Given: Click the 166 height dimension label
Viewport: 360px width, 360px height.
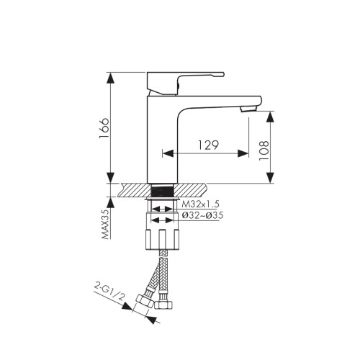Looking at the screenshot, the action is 104,128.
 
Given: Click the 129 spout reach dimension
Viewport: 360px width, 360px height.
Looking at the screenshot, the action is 208,145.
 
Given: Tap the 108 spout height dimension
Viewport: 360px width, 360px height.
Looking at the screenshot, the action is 264,150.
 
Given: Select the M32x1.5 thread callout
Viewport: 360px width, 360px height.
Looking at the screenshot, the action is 200,204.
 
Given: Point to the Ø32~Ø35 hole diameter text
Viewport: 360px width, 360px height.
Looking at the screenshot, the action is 202,215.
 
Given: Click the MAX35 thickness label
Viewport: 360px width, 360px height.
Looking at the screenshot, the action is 105,224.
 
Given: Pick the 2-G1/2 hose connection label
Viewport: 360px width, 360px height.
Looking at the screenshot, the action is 109,292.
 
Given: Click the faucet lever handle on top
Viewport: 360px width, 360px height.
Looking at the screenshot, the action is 186,83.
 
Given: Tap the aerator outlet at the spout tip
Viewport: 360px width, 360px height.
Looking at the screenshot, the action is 248,109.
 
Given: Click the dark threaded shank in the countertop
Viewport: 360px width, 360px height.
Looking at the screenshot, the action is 162,191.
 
